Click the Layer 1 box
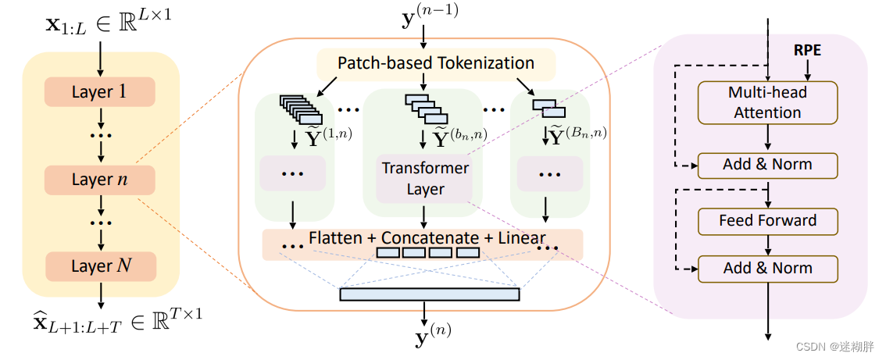click(100, 92)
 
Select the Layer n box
click(100, 180)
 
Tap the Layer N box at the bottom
click(100, 266)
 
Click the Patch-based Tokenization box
click(435, 63)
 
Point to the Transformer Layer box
click(425, 179)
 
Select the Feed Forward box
click(767, 220)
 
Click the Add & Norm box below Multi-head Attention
click(767, 165)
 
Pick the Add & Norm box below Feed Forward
click(767, 268)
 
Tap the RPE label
click(808, 51)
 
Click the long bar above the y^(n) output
click(429, 294)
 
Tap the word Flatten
click(335, 237)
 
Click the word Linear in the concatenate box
click(521, 237)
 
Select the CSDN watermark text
click(841, 346)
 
